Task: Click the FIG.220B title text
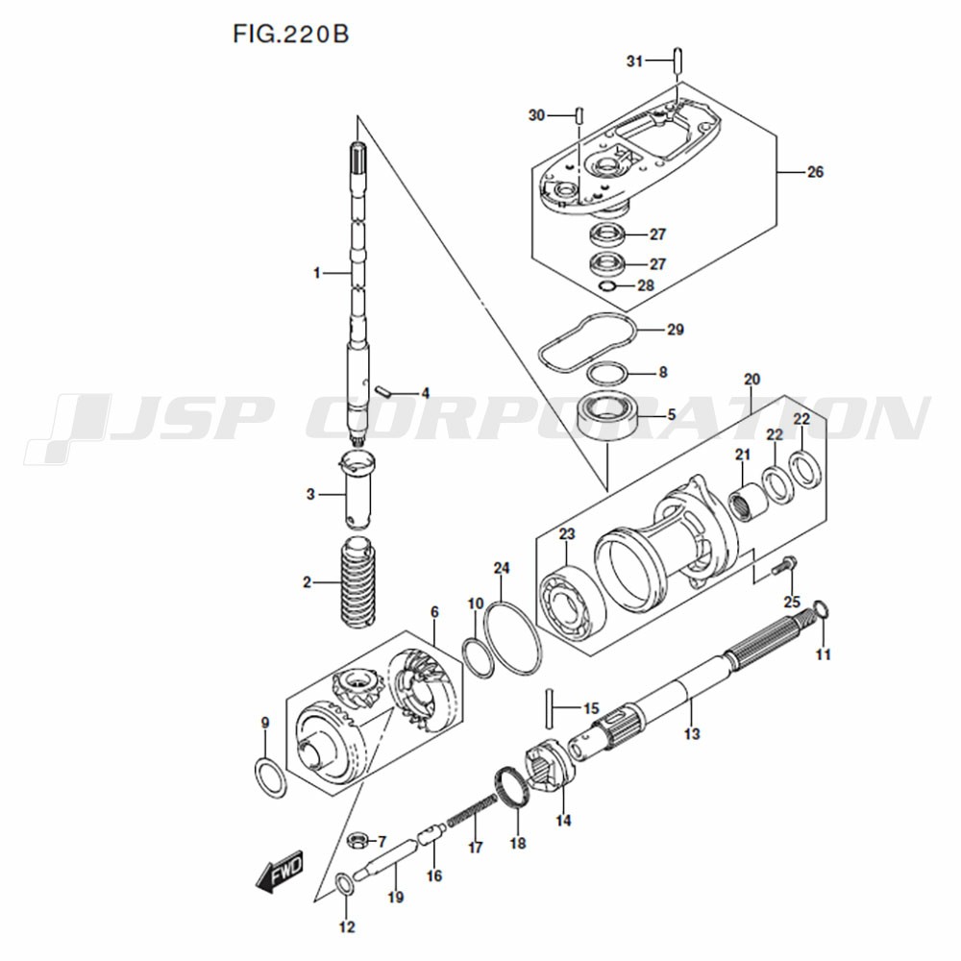(290, 35)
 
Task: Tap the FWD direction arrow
(280, 870)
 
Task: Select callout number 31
(634, 61)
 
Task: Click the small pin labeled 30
(579, 114)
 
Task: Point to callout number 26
(815, 172)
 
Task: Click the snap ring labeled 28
(608, 286)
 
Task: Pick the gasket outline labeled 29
(586, 342)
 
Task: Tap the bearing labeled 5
(608, 416)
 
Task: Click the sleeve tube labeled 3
(357, 488)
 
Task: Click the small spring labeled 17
(472, 810)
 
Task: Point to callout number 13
(692, 733)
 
